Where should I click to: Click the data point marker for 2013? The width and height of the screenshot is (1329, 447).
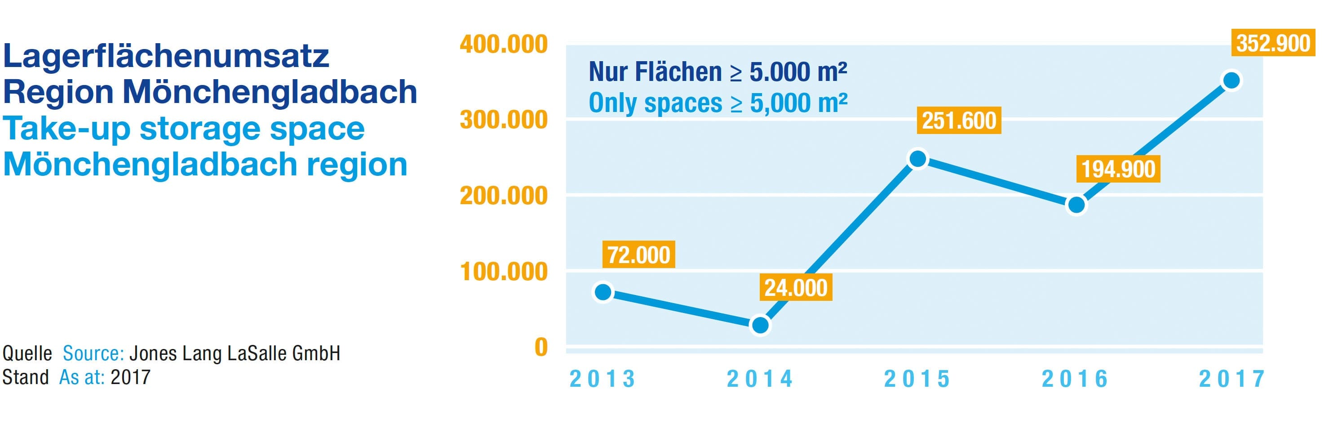(x=603, y=292)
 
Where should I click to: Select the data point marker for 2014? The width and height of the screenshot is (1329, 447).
(x=760, y=325)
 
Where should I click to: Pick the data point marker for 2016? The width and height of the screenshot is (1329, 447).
(x=1076, y=205)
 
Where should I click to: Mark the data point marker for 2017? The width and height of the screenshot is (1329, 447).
(x=1232, y=80)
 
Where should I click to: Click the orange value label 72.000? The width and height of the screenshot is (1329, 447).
(x=639, y=255)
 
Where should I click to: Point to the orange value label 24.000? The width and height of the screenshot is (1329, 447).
(x=796, y=287)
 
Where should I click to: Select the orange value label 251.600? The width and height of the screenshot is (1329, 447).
(x=959, y=121)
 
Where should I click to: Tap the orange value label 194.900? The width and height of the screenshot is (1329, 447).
(x=1118, y=169)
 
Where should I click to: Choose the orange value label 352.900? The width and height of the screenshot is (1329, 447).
(x=1273, y=43)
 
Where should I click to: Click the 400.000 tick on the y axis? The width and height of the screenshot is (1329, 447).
(x=504, y=45)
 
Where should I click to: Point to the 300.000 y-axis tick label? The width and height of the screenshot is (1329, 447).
(x=504, y=120)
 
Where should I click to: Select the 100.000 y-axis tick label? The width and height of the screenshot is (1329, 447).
(x=504, y=272)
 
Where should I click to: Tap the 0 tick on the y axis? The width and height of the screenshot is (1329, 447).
(x=540, y=347)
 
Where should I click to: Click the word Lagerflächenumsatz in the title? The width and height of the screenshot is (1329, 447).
(x=166, y=56)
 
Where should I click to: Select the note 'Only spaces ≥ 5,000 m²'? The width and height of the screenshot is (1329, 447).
(x=718, y=103)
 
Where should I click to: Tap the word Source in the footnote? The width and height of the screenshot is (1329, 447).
(x=93, y=353)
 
